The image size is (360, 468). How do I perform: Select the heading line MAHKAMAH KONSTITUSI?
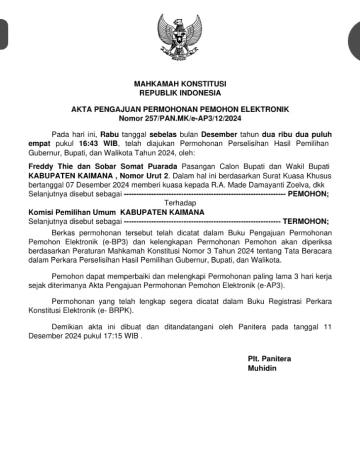coord(180,84)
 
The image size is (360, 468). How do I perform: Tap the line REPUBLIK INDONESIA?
coord(180,93)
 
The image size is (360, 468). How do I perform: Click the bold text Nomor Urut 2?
coord(150,176)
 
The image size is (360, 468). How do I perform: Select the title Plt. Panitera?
coord(269,359)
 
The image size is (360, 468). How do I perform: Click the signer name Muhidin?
coord(262,368)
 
